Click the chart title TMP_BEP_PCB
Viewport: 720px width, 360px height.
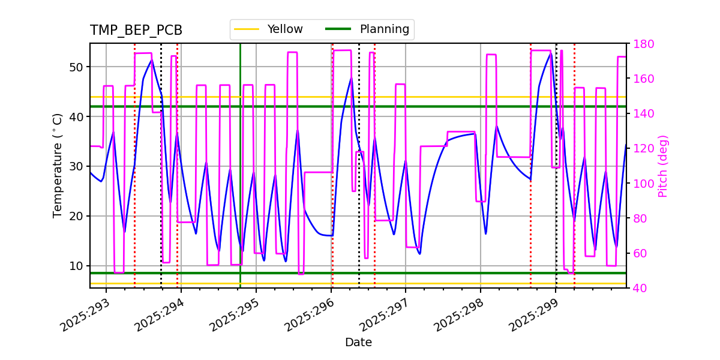136,31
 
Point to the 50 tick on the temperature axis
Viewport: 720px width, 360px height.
76,67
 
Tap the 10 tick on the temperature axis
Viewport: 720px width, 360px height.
76,266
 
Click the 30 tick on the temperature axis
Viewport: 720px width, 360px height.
76,166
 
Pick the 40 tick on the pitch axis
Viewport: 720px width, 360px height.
641,288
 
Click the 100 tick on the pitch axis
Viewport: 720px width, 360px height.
644,184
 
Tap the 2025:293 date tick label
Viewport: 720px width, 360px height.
86,316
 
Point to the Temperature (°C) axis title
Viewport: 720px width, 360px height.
58,166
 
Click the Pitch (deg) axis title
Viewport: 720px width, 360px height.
663,166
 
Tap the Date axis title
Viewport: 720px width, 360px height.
358,343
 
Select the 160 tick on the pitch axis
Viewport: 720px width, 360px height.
644,79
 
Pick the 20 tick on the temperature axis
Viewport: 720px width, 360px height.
76,216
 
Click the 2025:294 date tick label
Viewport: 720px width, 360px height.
160,316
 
